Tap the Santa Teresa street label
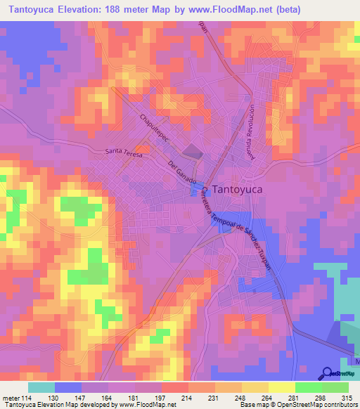click(x=124, y=152)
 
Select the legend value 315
click(x=348, y=399)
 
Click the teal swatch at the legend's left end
click(x=41, y=387)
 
